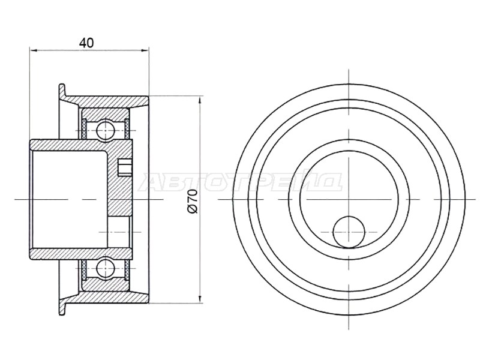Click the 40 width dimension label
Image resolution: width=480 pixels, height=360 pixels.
pyautogui.click(x=86, y=43)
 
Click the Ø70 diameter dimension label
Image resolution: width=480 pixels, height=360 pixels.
pyautogui.click(x=193, y=201)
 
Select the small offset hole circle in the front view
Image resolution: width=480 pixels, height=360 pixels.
pyautogui.click(x=349, y=232)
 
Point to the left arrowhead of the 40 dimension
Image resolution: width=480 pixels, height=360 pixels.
pyautogui.click(x=33, y=50)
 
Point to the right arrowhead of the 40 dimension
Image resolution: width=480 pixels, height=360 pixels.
pyautogui.click(x=145, y=50)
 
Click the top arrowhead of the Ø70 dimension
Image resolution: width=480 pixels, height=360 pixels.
pyautogui.click(x=200, y=100)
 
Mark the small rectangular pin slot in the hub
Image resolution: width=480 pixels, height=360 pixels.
pyautogui.click(x=125, y=167)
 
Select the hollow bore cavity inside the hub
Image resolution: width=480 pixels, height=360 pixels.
pyautogui.click(x=69, y=199)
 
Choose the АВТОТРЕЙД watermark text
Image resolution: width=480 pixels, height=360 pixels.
pyautogui.click(x=241, y=182)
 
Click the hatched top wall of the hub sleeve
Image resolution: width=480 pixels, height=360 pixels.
pyautogui.click(x=81, y=145)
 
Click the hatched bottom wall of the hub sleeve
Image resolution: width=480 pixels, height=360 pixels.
pyautogui.click(x=81, y=253)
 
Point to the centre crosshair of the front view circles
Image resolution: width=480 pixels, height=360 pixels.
pyautogui.click(x=349, y=199)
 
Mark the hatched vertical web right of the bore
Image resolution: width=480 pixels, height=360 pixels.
pyautogui.click(x=119, y=183)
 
